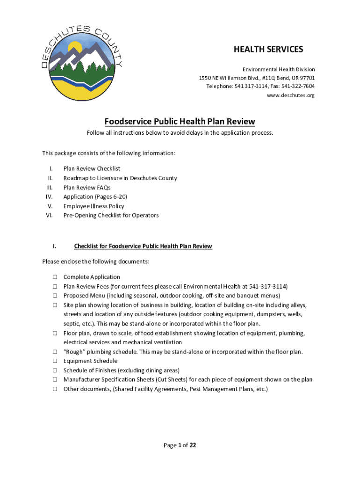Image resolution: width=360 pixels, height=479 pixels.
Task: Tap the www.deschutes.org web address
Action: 290,95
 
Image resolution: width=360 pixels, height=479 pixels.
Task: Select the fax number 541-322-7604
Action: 298,87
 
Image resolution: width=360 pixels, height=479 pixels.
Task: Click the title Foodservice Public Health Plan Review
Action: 180,122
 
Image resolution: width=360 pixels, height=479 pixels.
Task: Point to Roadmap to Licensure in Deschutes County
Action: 120,178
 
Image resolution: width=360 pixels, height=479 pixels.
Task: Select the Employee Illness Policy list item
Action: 94,206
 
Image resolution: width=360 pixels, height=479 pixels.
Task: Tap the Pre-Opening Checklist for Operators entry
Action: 111,215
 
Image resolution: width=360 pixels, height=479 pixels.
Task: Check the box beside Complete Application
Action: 54,277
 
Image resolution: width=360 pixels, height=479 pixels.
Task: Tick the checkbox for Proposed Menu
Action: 54,296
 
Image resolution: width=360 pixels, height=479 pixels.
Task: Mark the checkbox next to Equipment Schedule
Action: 54,361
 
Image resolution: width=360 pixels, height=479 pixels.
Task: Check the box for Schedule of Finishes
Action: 54,370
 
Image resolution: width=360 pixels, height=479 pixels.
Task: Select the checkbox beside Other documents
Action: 54,389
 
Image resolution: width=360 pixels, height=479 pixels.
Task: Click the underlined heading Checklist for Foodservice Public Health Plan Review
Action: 143,246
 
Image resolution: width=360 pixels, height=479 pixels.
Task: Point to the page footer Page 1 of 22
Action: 180,445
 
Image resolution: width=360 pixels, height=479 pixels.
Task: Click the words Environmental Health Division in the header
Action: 278,69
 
